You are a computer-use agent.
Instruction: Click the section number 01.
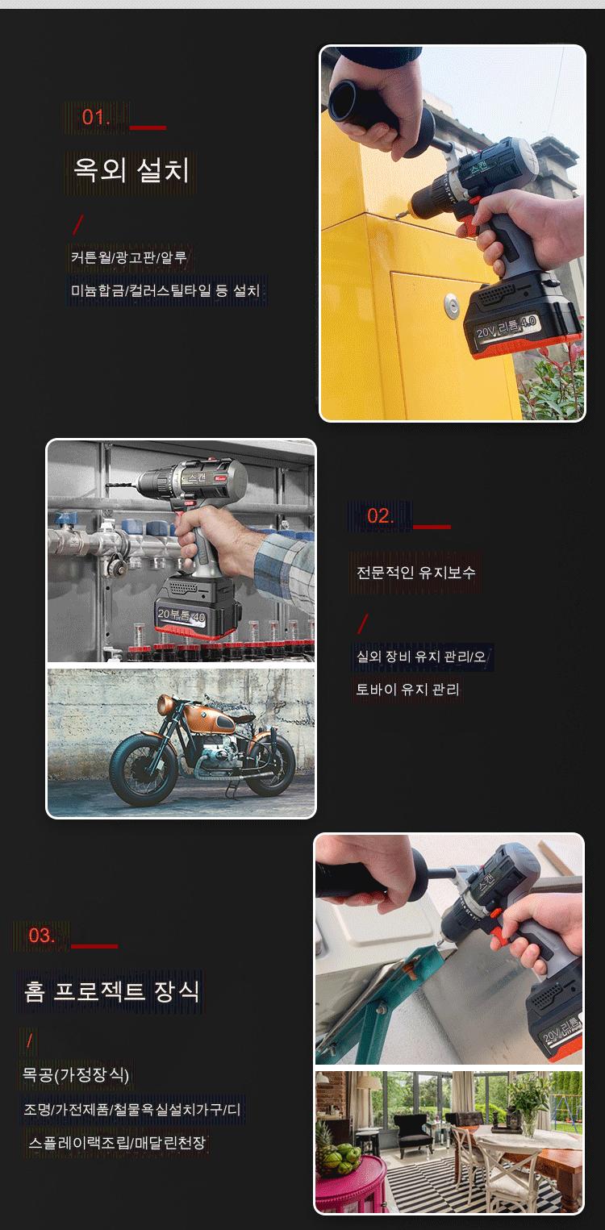click(96, 117)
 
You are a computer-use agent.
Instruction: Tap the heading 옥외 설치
click(131, 169)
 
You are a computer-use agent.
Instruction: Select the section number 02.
click(381, 515)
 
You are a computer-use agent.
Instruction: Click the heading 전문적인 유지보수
click(415, 572)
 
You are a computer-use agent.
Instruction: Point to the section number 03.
click(42, 935)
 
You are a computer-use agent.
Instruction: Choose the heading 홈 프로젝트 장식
click(111, 991)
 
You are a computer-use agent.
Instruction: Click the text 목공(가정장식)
click(76, 1074)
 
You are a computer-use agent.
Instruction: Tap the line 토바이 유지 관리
click(407, 689)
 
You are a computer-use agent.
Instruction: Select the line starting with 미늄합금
click(165, 290)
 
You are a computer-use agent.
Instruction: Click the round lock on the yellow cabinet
click(453, 306)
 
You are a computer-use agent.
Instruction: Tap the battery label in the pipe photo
click(181, 615)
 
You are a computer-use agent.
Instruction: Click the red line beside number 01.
click(148, 128)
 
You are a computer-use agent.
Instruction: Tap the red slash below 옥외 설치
click(79, 224)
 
